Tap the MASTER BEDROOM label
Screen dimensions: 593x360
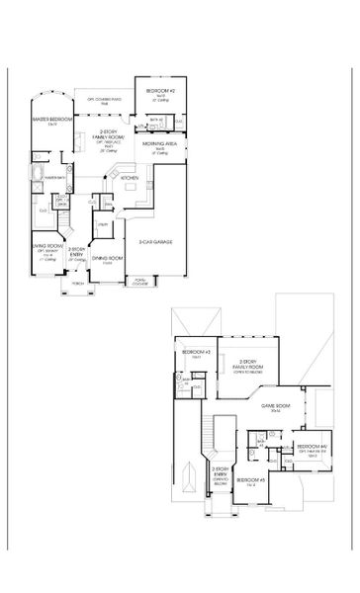pos(48,121)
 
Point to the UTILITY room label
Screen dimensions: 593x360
pos(101,225)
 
